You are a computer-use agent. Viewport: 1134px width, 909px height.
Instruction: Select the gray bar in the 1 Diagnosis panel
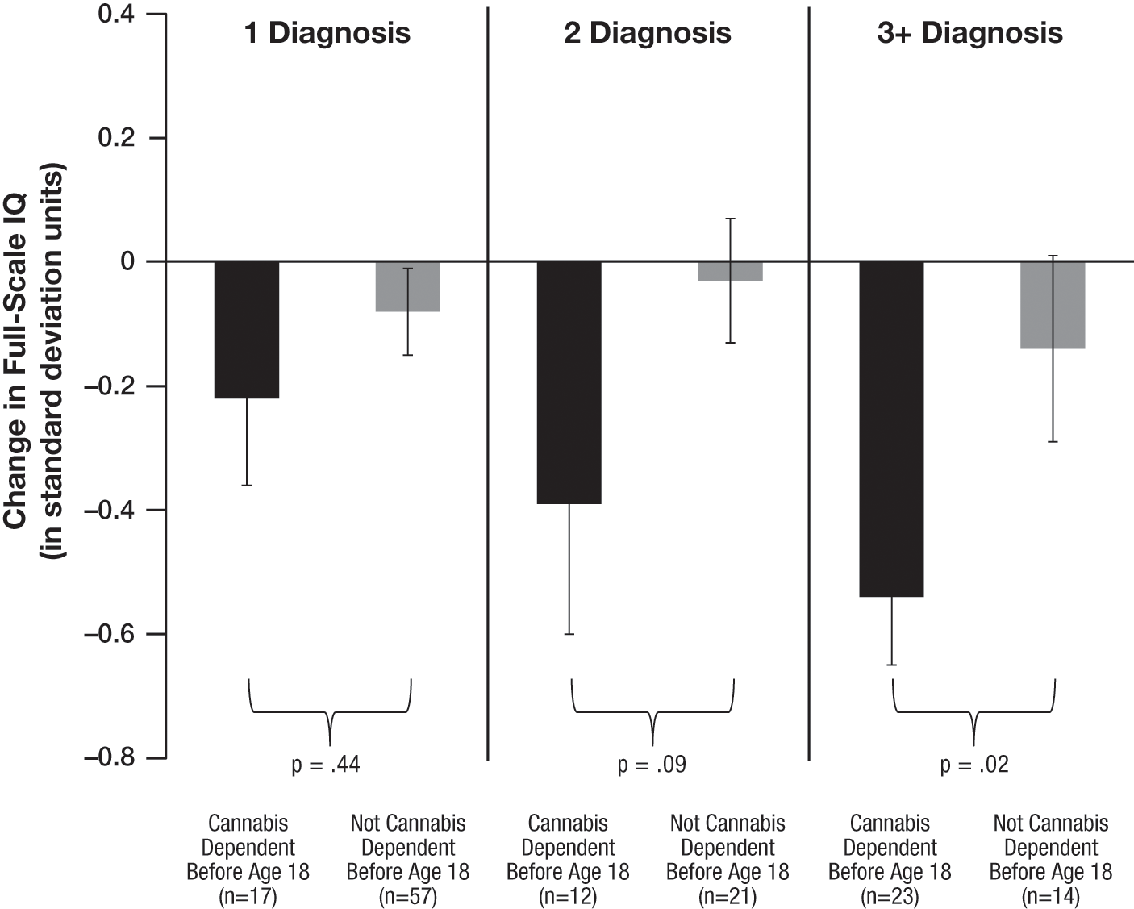coord(408,286)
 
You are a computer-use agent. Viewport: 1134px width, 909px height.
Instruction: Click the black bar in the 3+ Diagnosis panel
coord(891,428)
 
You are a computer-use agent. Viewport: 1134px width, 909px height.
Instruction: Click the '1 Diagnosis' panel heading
coord(327,33)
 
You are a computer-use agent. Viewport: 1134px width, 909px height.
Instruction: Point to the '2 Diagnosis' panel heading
coord(648,33)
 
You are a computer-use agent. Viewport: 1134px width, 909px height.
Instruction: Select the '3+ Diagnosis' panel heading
coord(970,33)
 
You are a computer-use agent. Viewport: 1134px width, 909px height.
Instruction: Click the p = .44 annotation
coord(326,765)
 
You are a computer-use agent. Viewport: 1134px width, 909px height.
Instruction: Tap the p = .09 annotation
coord(652,765)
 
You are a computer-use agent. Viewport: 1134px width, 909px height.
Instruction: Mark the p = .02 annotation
coord(974,765)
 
